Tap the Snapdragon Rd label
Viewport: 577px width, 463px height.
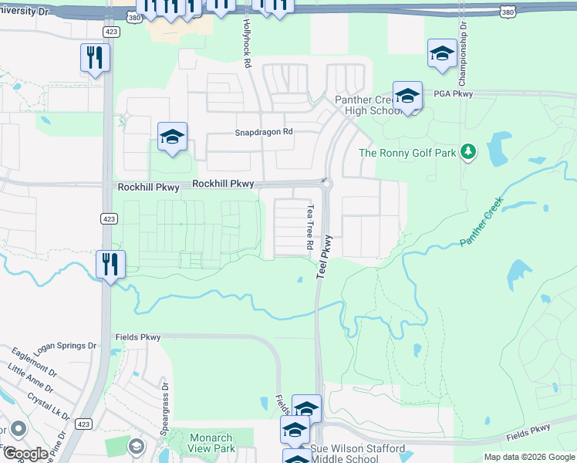tap(264, 132)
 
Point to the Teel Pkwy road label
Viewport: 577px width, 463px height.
tap(323, 258)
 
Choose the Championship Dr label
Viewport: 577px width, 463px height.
tap(463, 52)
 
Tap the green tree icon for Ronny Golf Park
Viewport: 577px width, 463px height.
tap(467, 151)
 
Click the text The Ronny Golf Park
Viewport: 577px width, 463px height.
tap(408, 152)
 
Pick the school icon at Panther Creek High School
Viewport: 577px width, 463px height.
tap(407, 96)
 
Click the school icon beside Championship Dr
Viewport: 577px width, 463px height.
tap(442, 54)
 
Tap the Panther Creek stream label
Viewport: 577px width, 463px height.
tap(481, 221)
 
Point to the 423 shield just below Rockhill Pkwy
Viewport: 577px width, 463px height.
tap(108, 218)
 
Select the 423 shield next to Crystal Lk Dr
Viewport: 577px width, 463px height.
tap(85, 424)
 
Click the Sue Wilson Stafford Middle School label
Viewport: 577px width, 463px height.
tap(357, 454)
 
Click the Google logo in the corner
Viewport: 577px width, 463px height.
tap(25, 454)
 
